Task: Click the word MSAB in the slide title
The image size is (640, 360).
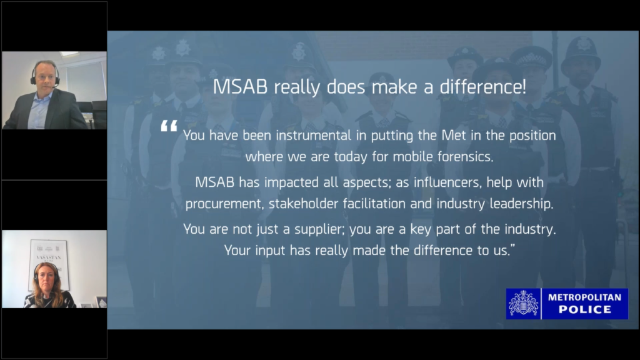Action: pyautogui.click(x=240, y=87)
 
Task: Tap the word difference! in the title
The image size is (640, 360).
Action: pyautogui.click(x=483, y=87)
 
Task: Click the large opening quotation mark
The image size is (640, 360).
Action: pyautogui.click(x=169, y=126)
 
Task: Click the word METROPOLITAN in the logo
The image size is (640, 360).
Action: pyautogui.click(x=584, y=297)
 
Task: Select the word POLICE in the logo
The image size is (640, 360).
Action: pyautogui.click(x=584, y=310)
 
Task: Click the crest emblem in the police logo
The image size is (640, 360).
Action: pyautogui.click(x=523, y=303)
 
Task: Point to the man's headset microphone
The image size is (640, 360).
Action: pyautogui.click(x=53, y=86)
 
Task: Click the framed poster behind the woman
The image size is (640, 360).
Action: pyautogui.click(x=49, y=264)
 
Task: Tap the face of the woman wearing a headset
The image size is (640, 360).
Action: pyautogui.click(x=47, y=278)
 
